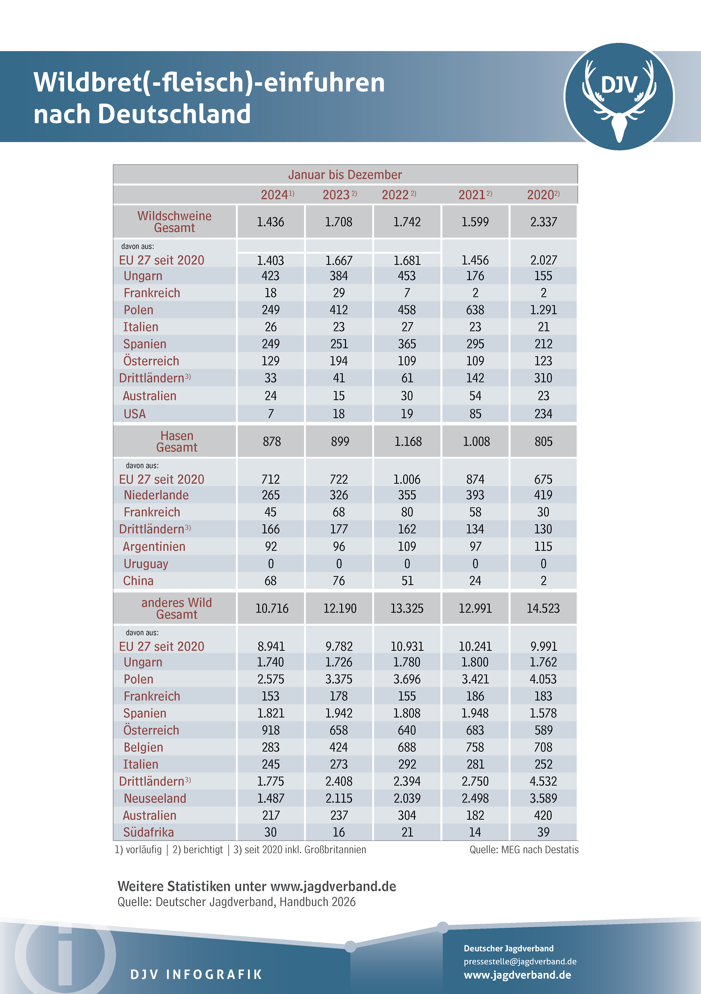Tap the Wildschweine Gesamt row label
click(175, 222)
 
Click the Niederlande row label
click(156, 495)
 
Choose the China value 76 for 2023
click(339, 581)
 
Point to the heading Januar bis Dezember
click(345, 175)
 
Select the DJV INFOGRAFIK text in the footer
click(196, 975)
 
